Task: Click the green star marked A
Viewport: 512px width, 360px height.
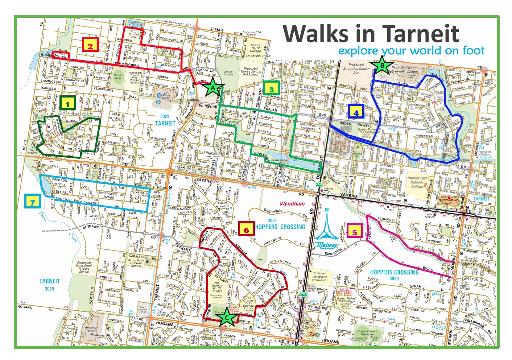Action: (x=213, y=87)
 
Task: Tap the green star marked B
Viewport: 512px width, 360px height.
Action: (x=382, y=66)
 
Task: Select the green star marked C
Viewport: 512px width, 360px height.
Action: (x=227, y=318)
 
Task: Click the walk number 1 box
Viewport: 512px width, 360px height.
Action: (x=68, y=103)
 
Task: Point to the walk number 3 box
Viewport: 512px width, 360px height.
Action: (x=271, y=88)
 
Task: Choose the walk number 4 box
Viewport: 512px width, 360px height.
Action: (x=356, y=112)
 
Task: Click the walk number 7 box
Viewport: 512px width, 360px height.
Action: (x=33, y=201)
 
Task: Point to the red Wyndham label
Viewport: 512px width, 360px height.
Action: (x=292, y=204)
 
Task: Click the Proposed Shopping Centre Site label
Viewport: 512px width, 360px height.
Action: (x=356, y=69)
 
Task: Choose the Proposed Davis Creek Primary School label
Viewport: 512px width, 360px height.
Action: (x=84, y=267)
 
